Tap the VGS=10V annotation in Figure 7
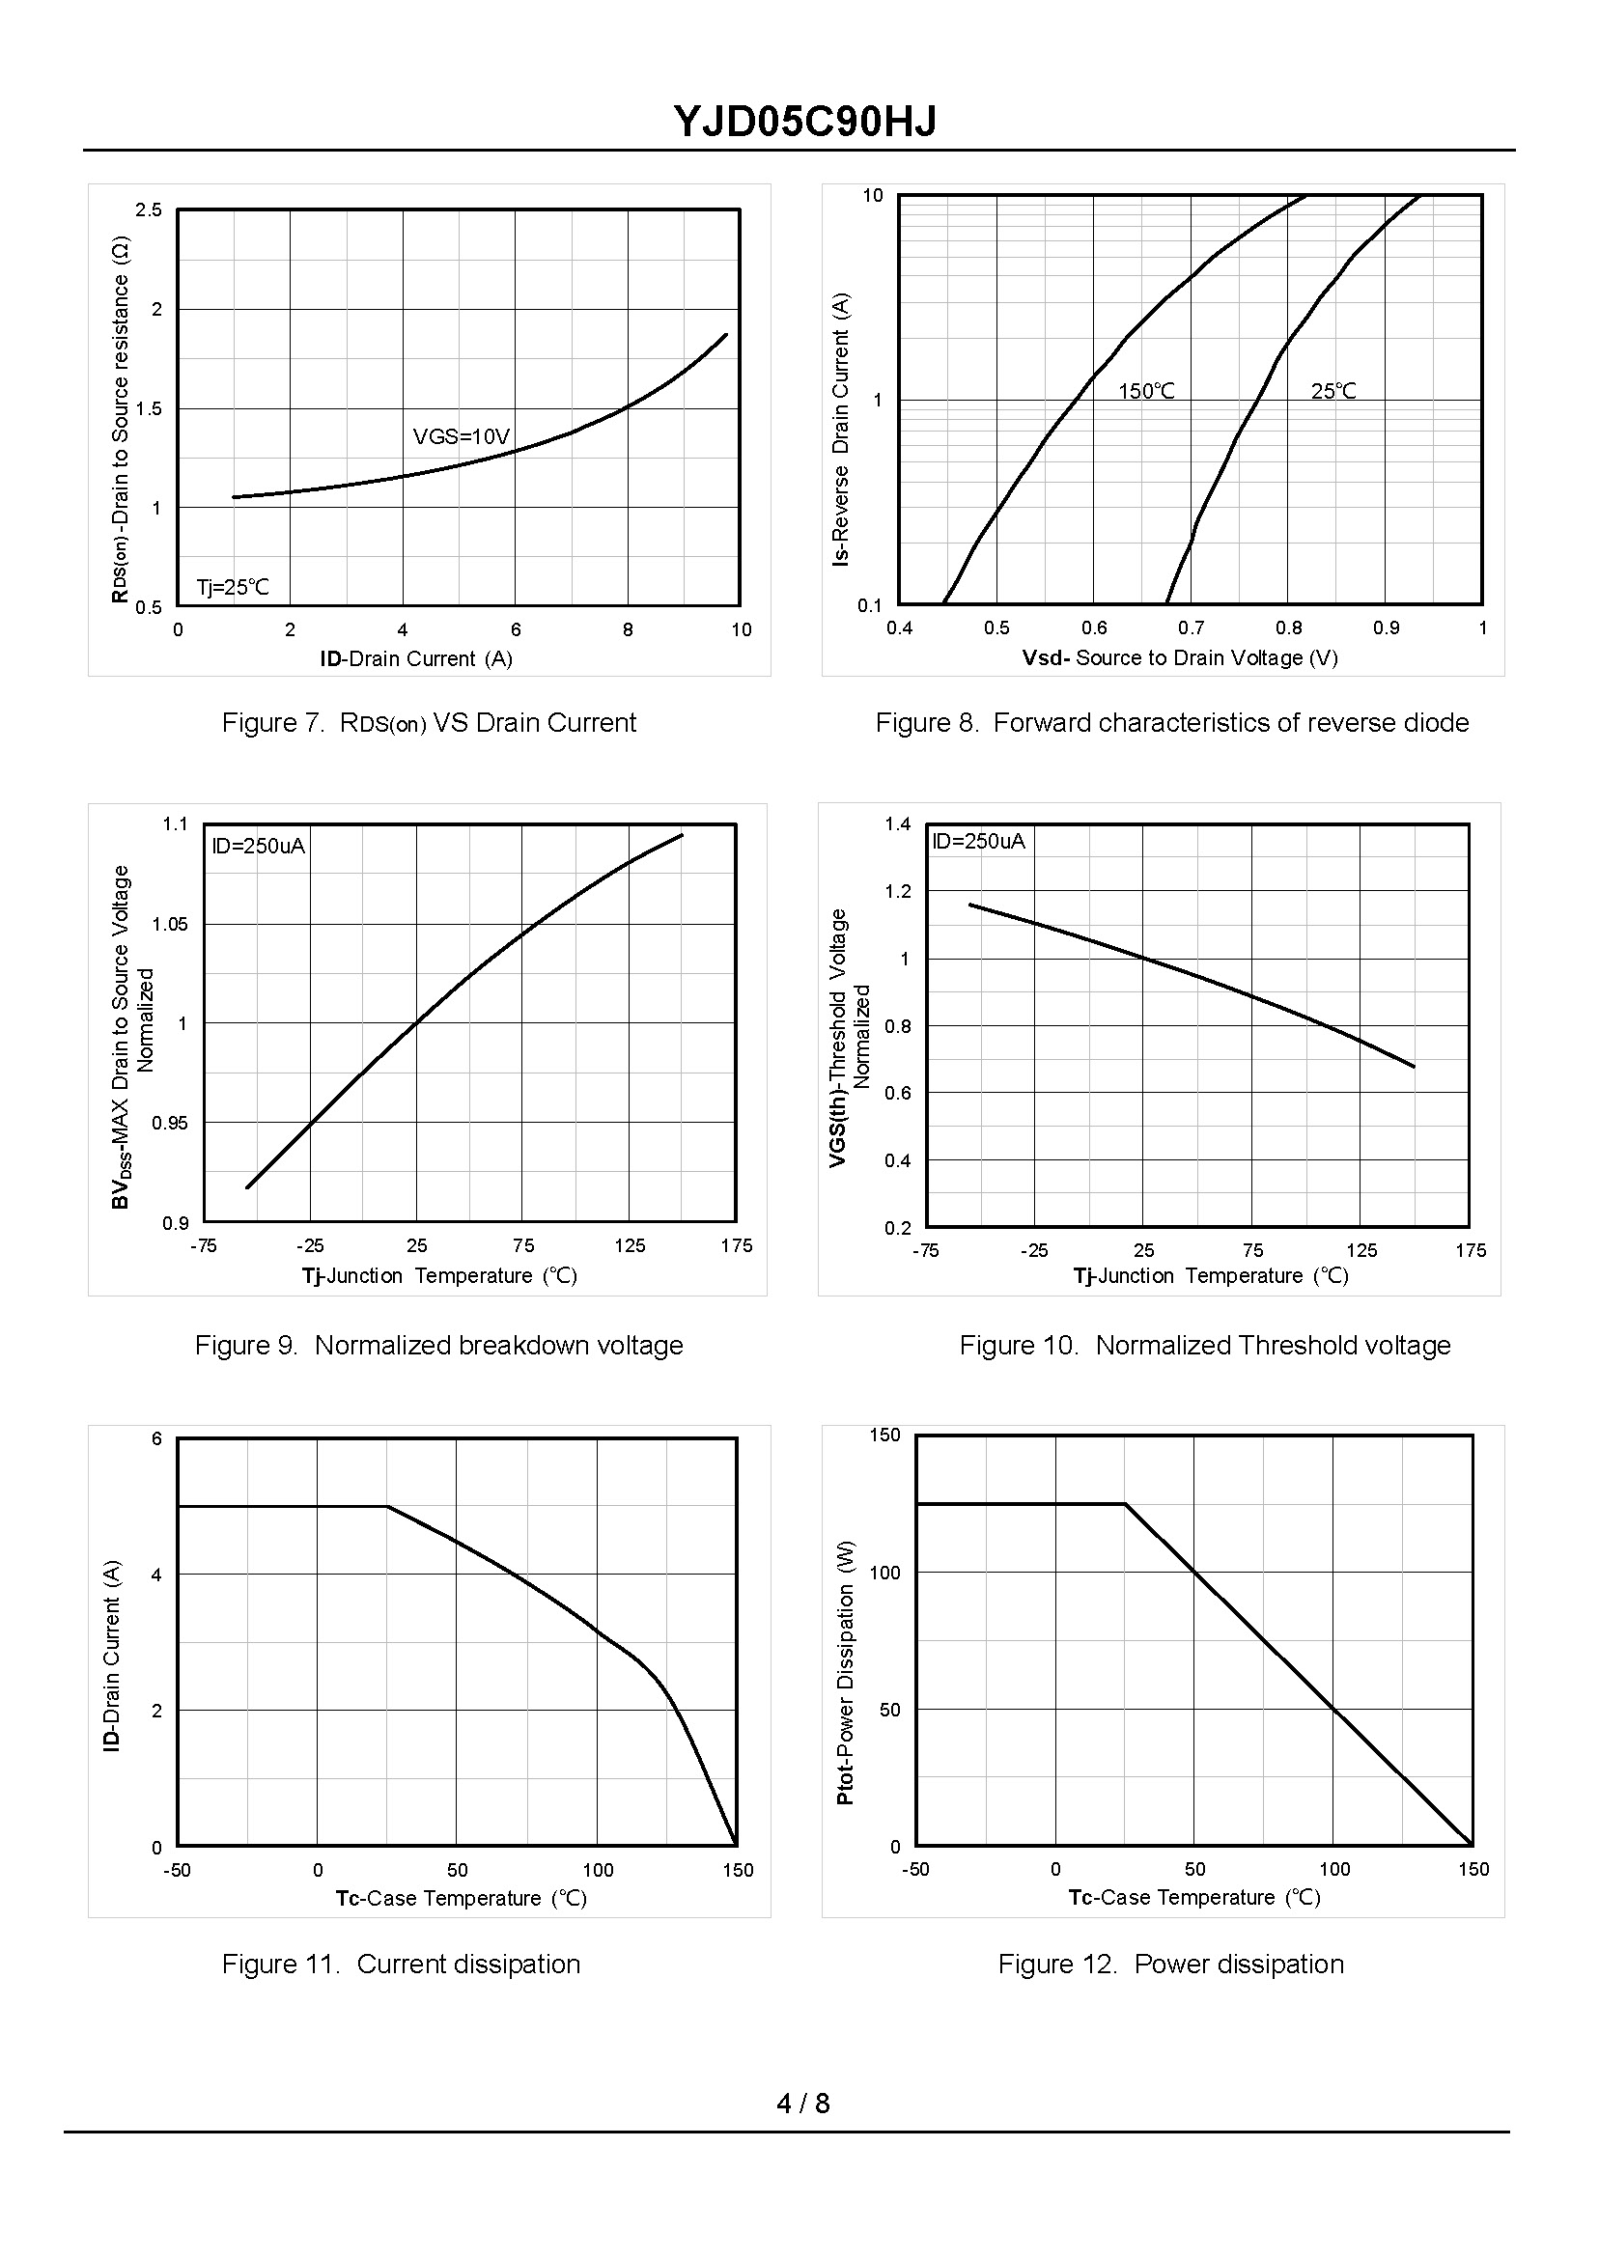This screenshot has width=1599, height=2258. tap(461, 436)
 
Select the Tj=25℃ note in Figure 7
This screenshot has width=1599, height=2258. tap(233, 588)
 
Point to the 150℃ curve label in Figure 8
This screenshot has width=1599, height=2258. tap(1146, 391)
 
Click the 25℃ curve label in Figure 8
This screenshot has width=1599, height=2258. tap(1333, 391)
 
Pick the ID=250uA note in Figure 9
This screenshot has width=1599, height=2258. tap(258, 846)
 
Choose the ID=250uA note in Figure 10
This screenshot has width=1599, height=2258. tap(978, 841)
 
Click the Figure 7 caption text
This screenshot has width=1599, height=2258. tap(429, 722)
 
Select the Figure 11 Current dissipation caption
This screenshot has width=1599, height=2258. tap(401, 1964)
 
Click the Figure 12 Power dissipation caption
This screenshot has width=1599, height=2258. tap(1169, 1964)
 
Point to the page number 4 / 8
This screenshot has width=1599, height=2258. tap(802, 2104)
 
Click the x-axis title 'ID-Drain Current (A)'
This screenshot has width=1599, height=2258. tap(415, 658)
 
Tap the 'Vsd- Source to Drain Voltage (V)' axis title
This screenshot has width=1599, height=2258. tap(1180, 657)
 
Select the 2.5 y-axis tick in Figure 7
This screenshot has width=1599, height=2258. tap(149, 209)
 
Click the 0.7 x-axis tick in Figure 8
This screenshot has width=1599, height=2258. tap(1191, 628)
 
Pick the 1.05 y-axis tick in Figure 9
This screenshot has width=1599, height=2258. tap(169, 924)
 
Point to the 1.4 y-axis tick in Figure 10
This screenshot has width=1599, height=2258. tap(897, 823)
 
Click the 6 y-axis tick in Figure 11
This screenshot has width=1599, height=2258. tap(156, 1439)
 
